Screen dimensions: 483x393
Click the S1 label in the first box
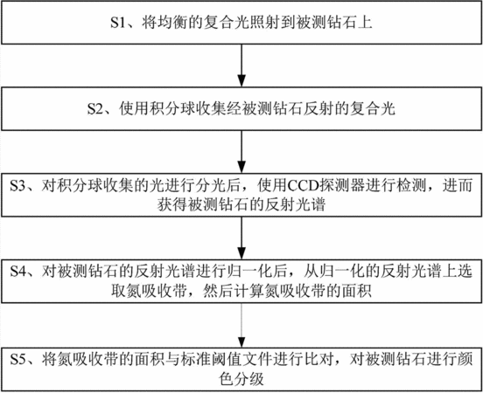117,23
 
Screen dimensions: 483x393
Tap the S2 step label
94,108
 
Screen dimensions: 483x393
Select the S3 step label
17,186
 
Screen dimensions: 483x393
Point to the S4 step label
17,272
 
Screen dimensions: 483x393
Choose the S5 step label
17,359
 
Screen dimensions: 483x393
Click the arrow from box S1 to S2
241,65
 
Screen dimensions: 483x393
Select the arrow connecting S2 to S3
241,152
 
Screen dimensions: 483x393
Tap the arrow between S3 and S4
241,238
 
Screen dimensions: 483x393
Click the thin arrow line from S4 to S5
241,326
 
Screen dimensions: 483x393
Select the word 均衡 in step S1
172,23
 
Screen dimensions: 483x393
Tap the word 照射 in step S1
265,23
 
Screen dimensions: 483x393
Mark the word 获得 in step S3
172,204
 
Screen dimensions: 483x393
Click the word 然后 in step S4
219,291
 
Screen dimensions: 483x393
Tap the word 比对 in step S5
318,359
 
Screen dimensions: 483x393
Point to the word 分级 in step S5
249,378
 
